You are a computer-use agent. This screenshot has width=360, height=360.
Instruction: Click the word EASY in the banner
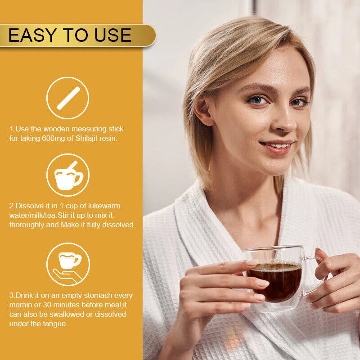point(32,35)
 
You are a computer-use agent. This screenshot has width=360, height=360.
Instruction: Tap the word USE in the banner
point(113,35)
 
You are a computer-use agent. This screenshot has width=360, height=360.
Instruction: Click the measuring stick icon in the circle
point(68,98)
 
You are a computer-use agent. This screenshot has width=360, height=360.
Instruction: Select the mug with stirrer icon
point(68,175)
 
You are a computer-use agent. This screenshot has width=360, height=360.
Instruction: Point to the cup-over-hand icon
point(68,267)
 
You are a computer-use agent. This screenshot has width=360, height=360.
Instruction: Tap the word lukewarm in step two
point(104,206)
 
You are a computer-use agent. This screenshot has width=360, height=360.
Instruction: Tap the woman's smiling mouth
point(277,147)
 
